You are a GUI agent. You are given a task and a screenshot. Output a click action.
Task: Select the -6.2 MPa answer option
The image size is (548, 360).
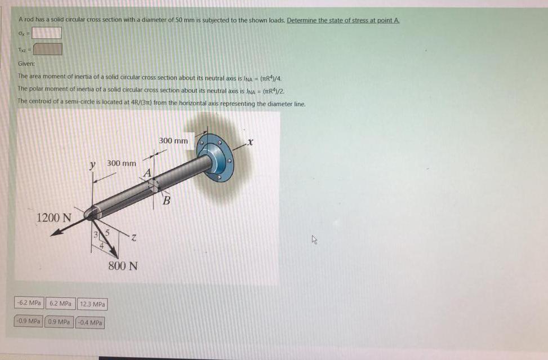click(29, 304)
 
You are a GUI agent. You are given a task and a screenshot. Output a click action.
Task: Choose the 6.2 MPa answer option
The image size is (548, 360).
click(61, 304)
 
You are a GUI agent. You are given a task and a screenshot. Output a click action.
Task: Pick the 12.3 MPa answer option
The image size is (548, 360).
click(92, 304)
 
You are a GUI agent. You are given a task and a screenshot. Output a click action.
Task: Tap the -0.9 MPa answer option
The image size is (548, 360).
click(29, 322)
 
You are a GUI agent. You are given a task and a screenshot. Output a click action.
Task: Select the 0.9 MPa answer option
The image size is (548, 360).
click(59, 322)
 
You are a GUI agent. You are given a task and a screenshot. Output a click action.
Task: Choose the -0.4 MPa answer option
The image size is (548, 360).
click(90, 323)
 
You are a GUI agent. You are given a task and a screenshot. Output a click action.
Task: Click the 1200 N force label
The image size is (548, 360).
click(54, 217)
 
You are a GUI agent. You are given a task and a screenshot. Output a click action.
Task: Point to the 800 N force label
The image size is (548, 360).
click(123, 265)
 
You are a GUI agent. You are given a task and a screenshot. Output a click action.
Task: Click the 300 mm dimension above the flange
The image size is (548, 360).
click(173, 140)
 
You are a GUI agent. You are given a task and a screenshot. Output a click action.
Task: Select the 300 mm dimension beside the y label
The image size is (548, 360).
click(122, 163)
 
